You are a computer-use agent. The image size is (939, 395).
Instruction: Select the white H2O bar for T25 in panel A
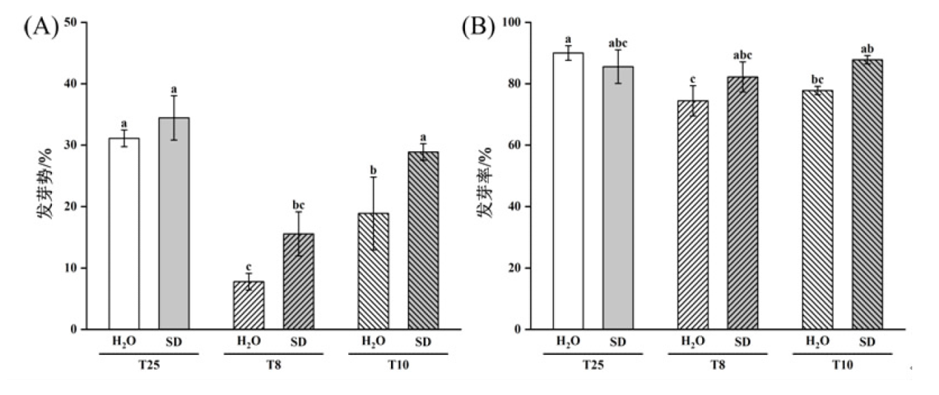[124, 233]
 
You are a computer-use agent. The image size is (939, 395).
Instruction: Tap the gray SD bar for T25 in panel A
[174, 223]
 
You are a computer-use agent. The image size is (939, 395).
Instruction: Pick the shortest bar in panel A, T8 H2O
[249, 305]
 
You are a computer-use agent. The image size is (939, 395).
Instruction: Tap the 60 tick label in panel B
[509, 145]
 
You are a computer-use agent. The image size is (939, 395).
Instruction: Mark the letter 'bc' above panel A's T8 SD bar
[298, 205]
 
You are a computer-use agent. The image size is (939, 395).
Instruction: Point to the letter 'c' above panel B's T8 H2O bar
[692, 79]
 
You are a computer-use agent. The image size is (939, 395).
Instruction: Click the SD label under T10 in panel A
[423, 342]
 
